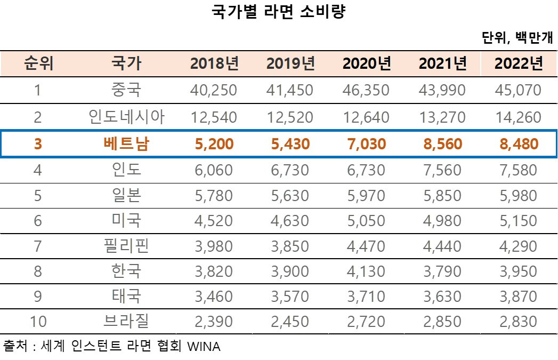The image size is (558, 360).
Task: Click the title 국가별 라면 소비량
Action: pyautogui.click(x=279, y=12)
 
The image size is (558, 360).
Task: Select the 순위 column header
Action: pyautogui.click(x=38, y=64)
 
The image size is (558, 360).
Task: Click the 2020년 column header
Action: pyautogui.click(x=367, y=64)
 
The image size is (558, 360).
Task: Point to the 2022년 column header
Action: pyautogui.click(x=519, y=64)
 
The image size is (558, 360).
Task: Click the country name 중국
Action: pyautogui.click(x=126, y=90)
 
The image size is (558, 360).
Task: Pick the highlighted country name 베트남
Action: pyautogui.click(x=126, y=144)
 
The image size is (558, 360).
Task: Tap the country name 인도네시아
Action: pyautogui.click(x=126, y=117)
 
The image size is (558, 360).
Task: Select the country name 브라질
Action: pyautogui.click(x=126, y=322)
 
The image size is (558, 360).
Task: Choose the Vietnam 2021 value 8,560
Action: pyautogui.click(x=442, y=144)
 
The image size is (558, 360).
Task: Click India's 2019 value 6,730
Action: pyautogui.click(x=290, y=171)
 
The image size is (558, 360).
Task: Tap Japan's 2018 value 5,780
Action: pyautogui.click(x=214, y=196)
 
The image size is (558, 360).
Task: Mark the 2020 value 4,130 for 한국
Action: pyautogui.click(x=367, y=271)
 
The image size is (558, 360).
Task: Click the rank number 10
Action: pyautogui.click(x=38, y=322)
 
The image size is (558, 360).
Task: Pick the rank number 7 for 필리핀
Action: pyautogui.click(x=38, y=246)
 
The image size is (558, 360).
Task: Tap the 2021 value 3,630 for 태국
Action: pyautogui.click(x=442, y=297)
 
